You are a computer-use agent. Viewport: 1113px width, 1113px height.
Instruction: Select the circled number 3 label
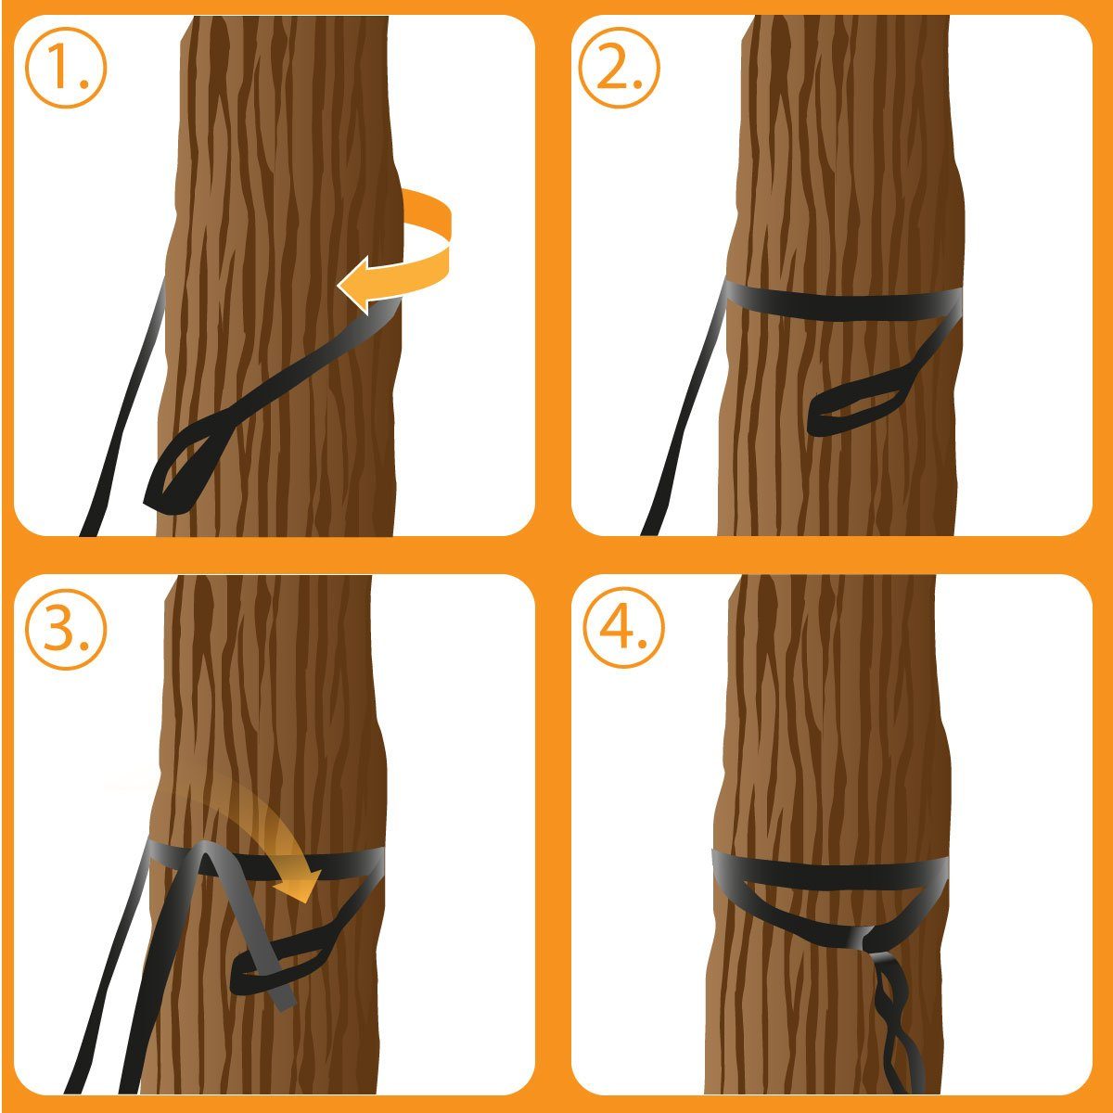[x=66, y=628]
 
